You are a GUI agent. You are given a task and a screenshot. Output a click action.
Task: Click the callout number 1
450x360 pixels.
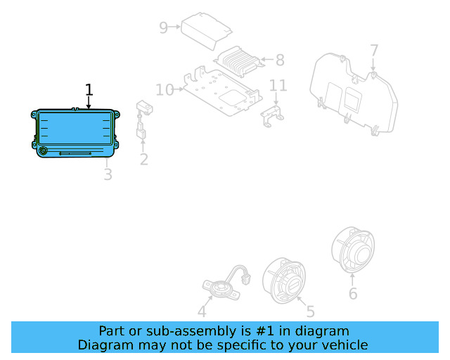(89, 89)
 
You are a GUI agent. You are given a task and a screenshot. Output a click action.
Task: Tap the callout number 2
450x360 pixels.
(143, 160)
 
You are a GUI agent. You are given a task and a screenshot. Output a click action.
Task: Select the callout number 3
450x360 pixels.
(108, 174)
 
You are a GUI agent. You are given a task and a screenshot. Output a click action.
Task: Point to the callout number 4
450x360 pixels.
(202, 311)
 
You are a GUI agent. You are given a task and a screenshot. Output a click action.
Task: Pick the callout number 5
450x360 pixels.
(310, 311)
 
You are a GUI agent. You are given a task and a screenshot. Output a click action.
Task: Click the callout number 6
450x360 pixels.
(353, 293)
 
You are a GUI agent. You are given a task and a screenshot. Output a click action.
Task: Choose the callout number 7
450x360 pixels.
(374, 51)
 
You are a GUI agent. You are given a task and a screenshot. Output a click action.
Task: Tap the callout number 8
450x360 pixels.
(280, 60)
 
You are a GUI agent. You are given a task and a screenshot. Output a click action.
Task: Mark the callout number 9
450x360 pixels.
(164, 27)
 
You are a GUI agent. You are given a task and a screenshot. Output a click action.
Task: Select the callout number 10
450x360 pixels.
(165, 89)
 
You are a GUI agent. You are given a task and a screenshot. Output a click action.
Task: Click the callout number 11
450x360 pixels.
(278, 86)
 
